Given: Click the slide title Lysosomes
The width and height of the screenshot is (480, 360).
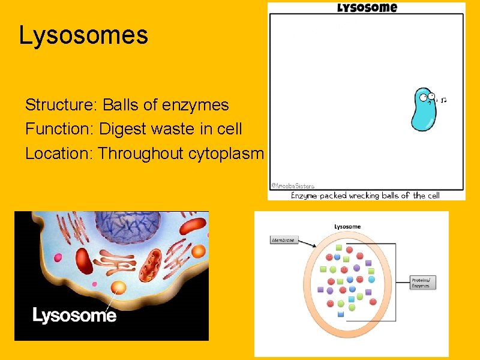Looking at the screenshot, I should pos(83,35).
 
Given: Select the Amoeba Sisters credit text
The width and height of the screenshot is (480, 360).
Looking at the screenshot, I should pos(292,187).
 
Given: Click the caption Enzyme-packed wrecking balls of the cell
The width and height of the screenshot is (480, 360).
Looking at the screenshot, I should pos(365,196).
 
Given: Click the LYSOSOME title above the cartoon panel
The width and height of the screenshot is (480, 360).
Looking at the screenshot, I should pos(367,8).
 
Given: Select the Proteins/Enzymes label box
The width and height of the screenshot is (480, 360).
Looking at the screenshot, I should pos(422,283).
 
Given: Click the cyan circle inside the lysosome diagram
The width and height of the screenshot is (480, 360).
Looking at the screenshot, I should pos(371,279).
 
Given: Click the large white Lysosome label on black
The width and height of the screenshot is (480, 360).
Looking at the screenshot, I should pos(74,315).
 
